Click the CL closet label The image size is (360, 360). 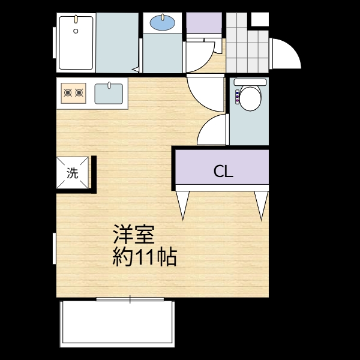pos(223,171)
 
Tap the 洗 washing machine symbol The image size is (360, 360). pos(73,172)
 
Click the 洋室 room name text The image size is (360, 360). pos(134,235)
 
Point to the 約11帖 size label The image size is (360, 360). pos(145,257)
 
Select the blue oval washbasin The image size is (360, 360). pos(163,23)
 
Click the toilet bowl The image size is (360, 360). pos(250,98)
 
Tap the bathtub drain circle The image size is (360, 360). pos(76,31)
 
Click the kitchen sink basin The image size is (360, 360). pos(109,94)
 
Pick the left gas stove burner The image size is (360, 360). pos(68,93)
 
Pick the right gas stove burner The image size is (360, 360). pos(79,93)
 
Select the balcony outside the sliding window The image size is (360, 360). pos(118,324)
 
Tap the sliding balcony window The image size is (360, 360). pos(130,299)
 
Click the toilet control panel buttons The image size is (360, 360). pos(237,97)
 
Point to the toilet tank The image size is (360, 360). pos(250,82)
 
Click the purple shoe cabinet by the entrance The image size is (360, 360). pos(204,23)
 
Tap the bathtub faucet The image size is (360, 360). pos(76,19)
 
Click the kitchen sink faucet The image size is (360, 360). pos(109,85)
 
